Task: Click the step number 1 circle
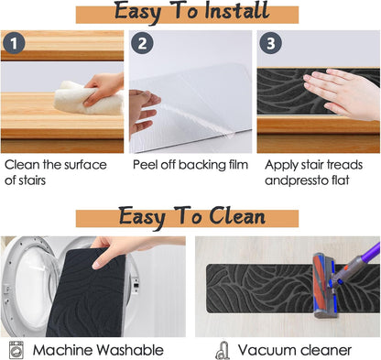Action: (x=14, y=43)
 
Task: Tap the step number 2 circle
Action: (x=142, y=43)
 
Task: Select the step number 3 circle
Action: (x=270, y=43)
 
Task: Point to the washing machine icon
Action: (x=16, y=350)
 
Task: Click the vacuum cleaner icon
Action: (x=223, y=351)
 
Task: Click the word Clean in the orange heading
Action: (x=237, y=216)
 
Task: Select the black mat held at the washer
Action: (x=86, y=292)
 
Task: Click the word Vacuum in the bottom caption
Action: (x=264, y=350)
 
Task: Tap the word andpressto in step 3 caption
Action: (x=292, y=180)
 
